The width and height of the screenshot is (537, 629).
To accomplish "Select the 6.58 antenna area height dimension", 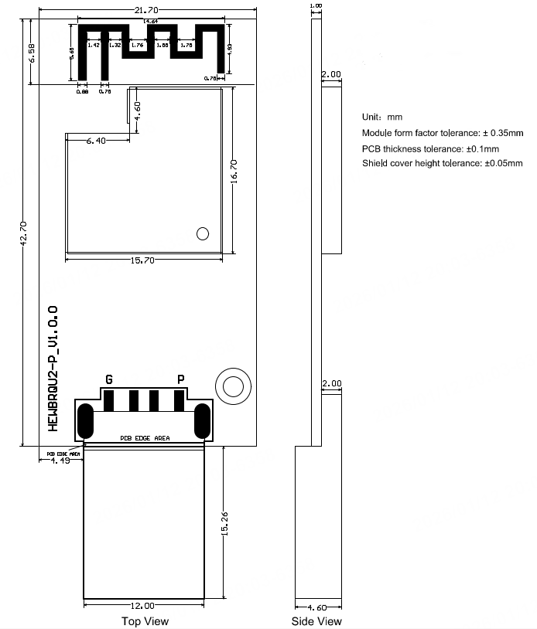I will point(30,53).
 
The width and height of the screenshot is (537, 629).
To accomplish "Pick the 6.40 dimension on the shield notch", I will point(96,141).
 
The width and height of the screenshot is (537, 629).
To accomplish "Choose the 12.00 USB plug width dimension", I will point(143,606).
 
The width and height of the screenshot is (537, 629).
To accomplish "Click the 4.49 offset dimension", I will point(60,461).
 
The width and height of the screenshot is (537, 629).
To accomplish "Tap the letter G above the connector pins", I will point(109,379).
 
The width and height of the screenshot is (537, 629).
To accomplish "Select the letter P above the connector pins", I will point(181,379).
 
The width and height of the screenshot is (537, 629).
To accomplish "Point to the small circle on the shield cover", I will point(203,233).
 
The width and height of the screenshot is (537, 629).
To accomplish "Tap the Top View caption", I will point(145,620).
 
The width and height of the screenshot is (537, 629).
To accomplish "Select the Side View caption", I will point(316,620).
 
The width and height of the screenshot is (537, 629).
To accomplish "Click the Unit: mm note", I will point(382,117).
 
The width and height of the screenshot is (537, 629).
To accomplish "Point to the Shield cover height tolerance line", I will point(442,164).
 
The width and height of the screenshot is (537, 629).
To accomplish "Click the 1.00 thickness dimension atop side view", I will point(316,5).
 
